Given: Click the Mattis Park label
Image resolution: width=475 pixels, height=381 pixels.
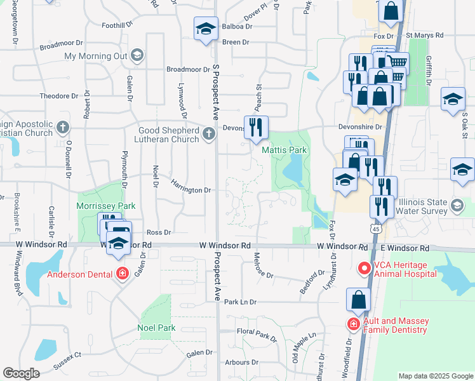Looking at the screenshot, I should tap(284, 150).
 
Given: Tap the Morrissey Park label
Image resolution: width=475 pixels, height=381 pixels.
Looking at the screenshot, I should tap(97, 206).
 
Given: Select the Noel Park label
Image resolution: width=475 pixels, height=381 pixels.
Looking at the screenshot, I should tap(156, 328).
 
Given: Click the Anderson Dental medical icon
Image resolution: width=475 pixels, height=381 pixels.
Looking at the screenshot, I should tap(122, 274).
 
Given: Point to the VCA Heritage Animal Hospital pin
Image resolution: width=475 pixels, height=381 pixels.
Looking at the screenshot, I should tap(365, 268).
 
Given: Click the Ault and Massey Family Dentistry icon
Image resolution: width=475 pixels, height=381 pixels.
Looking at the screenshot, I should tap(354, 324).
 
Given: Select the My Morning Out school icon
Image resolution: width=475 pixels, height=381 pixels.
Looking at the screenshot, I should tap(137, 56).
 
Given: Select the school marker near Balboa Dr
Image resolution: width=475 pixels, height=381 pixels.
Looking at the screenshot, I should tap(206, 28).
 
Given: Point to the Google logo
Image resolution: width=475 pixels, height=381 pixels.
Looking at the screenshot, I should tap(22, 373).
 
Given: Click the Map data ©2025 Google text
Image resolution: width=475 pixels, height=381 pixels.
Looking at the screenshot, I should tap(436, 376).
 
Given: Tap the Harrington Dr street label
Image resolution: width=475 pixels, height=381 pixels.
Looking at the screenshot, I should tap(191, 190).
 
